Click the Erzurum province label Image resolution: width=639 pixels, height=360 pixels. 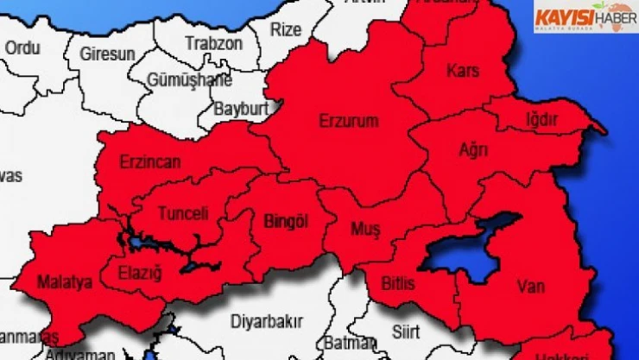point(348,121)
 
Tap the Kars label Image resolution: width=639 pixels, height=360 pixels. point(462,70)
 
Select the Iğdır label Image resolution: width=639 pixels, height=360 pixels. point(542,118)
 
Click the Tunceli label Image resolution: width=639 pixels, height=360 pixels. point(182,213)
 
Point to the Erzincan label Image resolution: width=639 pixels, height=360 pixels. point(150,161)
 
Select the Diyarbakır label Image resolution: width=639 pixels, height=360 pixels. point(266,322)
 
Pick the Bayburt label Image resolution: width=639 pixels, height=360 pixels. point(240,110)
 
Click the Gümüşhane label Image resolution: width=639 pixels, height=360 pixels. point(190,80)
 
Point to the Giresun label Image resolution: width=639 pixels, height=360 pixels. point(107,54)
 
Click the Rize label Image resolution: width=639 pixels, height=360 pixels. point(286,28)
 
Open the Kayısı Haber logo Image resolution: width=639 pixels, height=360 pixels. point(585,16)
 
